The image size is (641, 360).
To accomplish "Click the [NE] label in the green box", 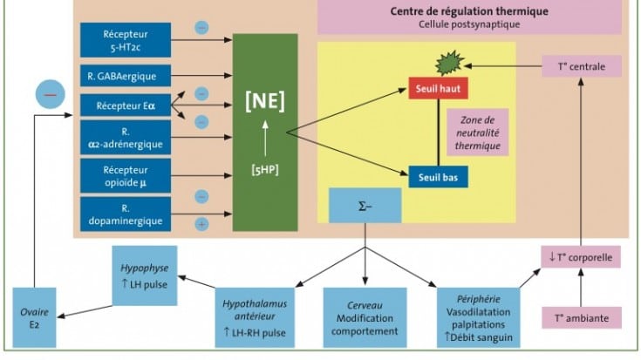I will pyautogui.click(x=265, y=98).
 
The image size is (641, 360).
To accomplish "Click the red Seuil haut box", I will pyautogui.click(x=439, y=89).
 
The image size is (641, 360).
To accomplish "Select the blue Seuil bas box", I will pyautogui.click(x=439, y=176).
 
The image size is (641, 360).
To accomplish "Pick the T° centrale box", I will pyautogui.click(x=582, y=65).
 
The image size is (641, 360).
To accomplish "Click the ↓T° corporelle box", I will pyautogui.click(x=582, y=257).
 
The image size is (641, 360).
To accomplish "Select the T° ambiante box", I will pyautogui.click(x=582, y=316).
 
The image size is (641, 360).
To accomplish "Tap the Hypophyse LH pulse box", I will pyautogui.click(x=144, y=275).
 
